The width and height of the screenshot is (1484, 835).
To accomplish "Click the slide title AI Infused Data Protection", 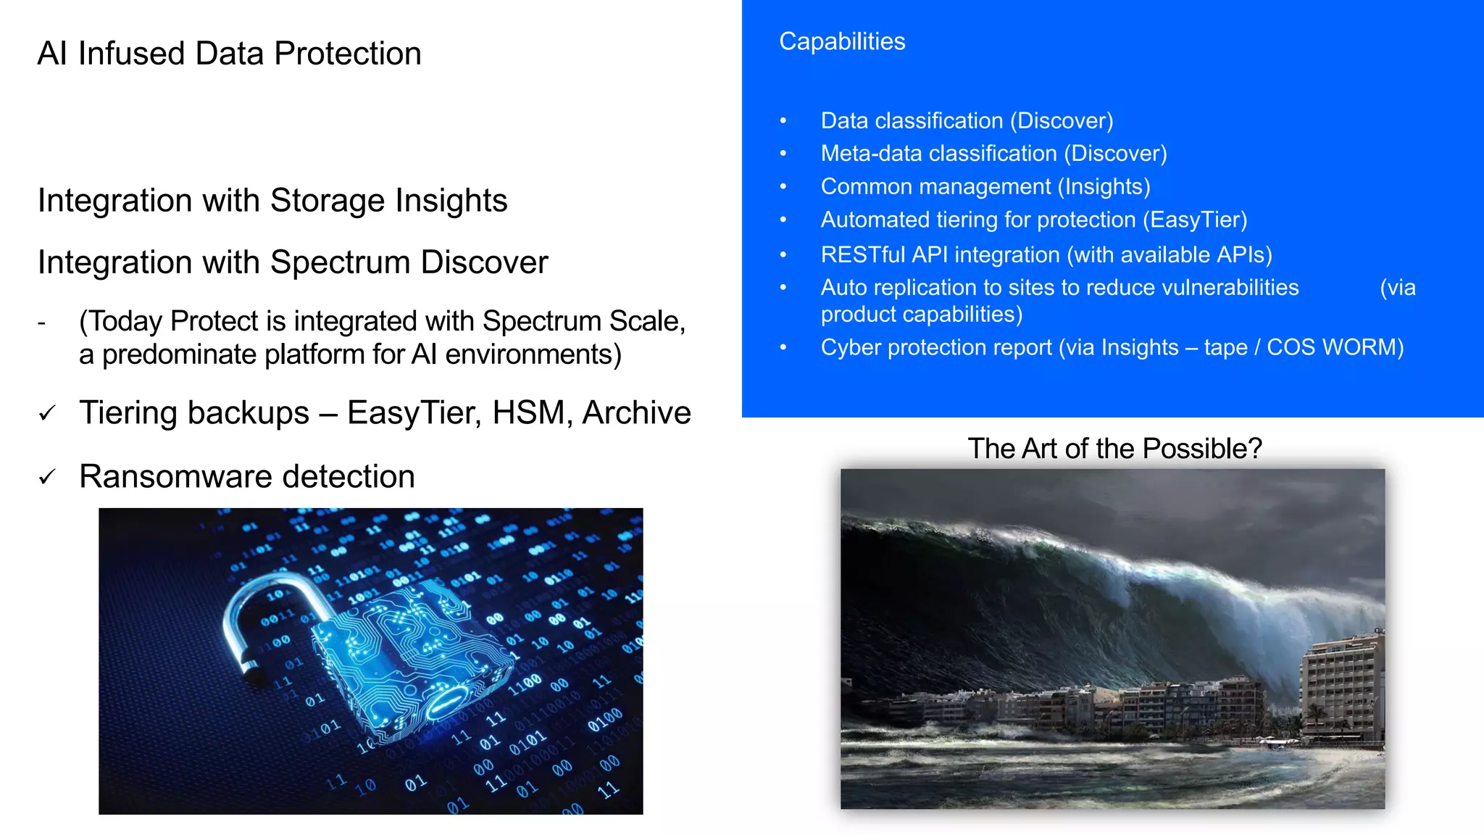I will tap(229, 54).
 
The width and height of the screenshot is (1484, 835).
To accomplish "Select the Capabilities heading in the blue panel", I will tap(842, 41).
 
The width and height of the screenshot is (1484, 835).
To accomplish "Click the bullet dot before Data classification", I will tap(783, 121).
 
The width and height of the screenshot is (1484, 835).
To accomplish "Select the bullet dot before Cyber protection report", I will tap(783, 348).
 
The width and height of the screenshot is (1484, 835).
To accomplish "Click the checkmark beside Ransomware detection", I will tap(47, 477).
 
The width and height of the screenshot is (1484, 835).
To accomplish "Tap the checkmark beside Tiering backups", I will tap(47, 413).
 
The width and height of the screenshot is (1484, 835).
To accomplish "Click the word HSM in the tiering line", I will tap(531, 413).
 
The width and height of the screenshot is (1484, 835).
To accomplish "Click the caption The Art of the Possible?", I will tap(1114, 449).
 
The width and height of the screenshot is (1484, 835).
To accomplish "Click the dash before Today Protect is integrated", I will tap(41, 322).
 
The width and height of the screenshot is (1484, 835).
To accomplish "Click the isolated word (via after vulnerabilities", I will tap(1397, 288).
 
